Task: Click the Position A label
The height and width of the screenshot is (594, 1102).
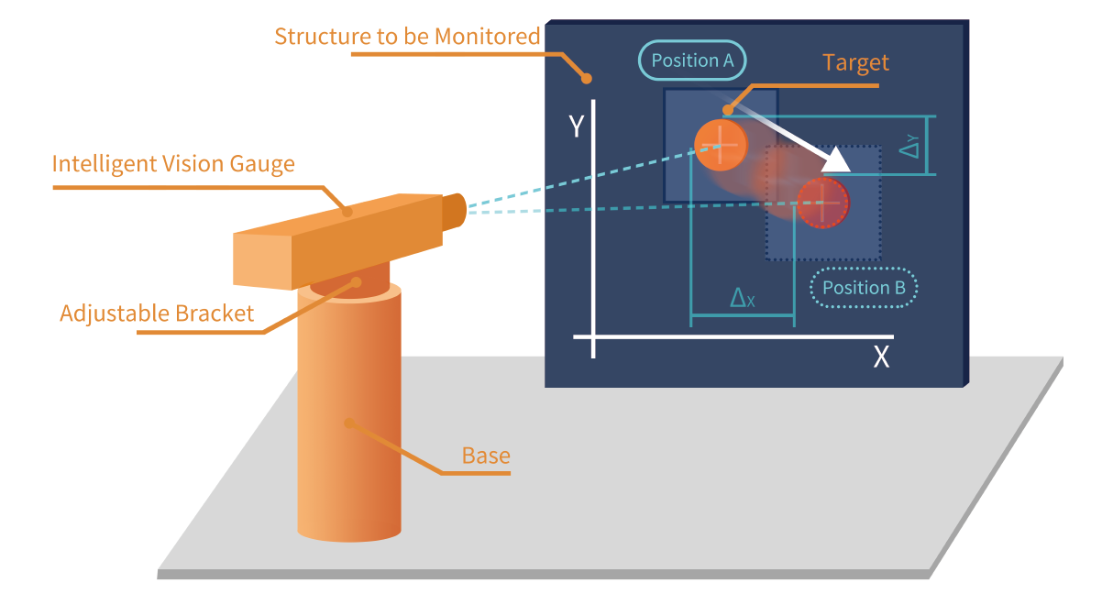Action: point(692,60)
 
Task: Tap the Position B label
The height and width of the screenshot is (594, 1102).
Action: point(864,288)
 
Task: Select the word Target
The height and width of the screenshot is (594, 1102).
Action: point(855,62)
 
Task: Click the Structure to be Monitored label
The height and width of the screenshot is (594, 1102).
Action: point(407,37)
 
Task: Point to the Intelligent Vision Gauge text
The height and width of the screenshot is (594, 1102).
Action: point(173,164)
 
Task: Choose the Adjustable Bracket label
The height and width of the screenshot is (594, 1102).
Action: point(156,313)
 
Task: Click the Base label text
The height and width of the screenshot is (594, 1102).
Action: point(486,456)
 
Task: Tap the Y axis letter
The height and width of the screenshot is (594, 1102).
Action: point(576,126)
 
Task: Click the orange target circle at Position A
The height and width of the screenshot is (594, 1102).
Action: point(721,145)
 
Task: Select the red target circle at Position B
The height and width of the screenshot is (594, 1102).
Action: point(822,203)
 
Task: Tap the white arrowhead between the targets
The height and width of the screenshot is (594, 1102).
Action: point(837,162)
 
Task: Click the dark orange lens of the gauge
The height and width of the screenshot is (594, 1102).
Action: point(455,211)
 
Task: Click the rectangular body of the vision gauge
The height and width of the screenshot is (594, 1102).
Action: point(339,238)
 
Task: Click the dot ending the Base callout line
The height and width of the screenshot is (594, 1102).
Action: point(347,423)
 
